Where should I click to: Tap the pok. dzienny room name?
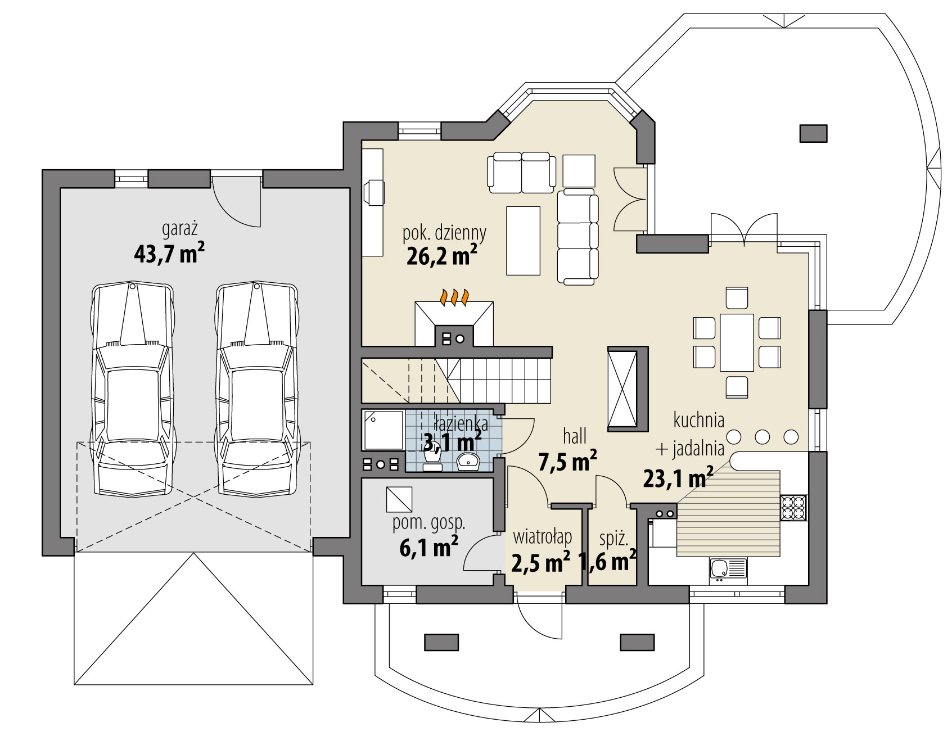(x=444, y=233)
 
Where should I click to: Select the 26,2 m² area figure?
(x=441, y=256)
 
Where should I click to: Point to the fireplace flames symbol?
(x=454, y=297)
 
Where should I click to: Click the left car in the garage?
(x=132, y=389)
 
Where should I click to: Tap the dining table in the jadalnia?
(x=737, y=342)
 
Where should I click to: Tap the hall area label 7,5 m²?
(x=567, y=462)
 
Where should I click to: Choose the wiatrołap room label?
(x=542, y=537)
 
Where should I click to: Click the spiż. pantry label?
(x=613, y=539)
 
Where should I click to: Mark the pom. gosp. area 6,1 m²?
(x=428, y=547)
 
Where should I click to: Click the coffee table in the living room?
(x=523, y=241)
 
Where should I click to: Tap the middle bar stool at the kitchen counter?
(x=762, y=436)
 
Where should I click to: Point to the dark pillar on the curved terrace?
(x=814, y=133)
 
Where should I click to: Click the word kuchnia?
(x=699, y=419)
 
